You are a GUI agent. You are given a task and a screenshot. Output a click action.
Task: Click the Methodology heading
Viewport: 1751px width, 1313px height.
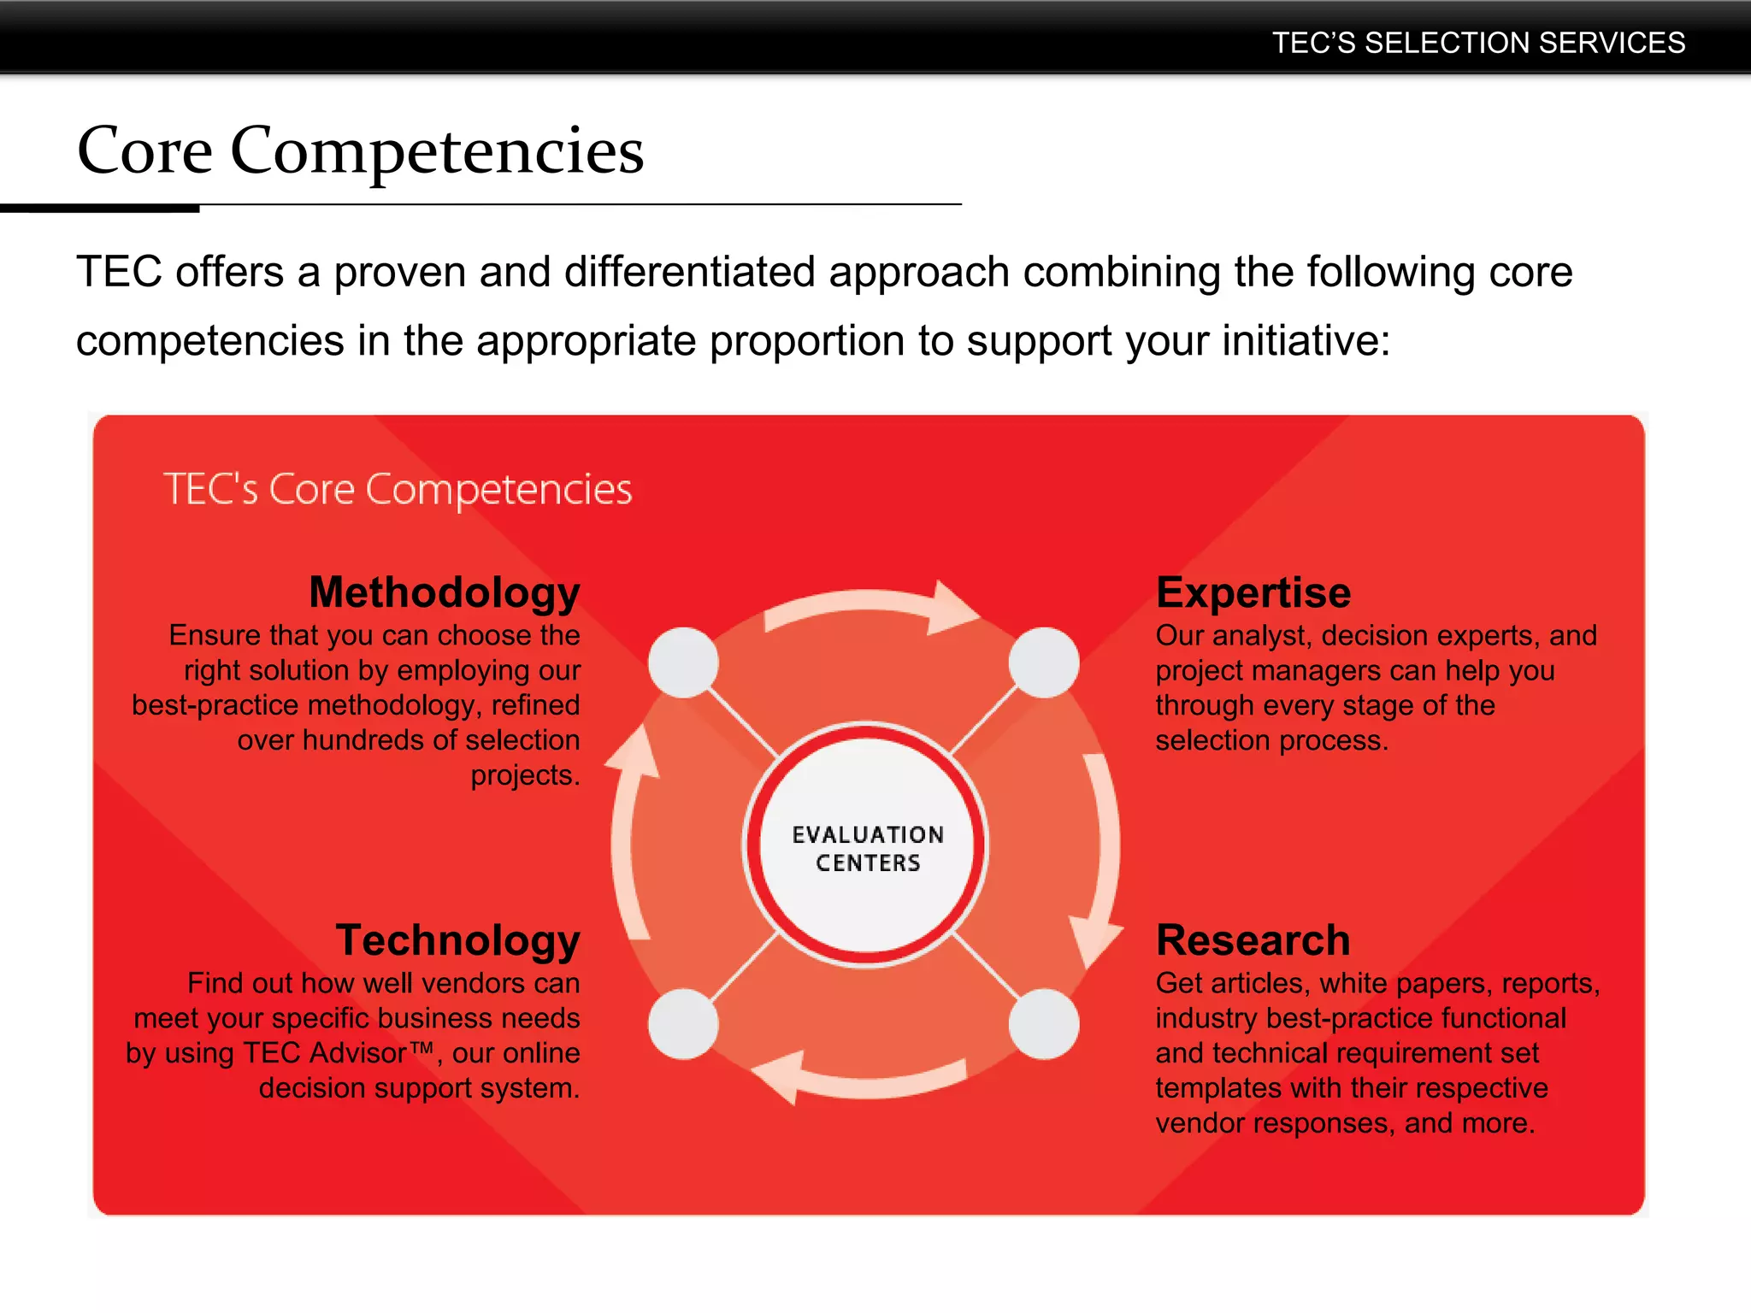tap(445, 592)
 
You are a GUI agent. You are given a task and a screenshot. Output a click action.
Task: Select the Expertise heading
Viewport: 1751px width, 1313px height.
tap(1253, 592)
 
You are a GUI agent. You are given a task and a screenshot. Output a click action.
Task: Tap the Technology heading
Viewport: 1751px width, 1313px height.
tap(457, 940)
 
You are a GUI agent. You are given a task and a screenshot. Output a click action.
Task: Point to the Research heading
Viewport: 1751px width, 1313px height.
tap(1253, 940)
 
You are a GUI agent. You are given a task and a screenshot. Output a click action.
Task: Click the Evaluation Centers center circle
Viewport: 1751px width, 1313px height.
tap(867, 846)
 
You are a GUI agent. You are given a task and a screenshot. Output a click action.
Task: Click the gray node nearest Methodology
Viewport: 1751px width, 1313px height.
tap(683, 662)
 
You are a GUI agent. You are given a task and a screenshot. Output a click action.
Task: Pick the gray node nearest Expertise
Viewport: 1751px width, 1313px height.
tap(1043, 662)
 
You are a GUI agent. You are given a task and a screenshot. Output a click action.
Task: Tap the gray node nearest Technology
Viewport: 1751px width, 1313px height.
tap(683, 1024)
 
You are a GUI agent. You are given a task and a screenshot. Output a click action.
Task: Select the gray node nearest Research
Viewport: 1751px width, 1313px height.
tap(1043, 1024)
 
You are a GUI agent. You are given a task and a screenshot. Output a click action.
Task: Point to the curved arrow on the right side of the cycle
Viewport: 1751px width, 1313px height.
tap(1103, 855)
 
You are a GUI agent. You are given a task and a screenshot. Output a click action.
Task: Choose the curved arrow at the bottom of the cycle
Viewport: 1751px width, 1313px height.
tap(864, 1081)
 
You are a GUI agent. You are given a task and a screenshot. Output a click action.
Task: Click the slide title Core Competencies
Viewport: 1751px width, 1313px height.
tap(360, 150)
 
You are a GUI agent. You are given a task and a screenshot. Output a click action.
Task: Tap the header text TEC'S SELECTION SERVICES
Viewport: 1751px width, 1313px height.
tap(1478, 43)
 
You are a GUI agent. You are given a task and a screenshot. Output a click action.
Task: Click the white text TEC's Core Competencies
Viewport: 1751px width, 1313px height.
tap(398, 490)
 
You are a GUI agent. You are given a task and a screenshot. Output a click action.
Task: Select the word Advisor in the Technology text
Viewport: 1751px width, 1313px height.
tap(357, 1053)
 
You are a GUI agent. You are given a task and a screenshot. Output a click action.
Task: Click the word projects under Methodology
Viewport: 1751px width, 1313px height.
tap(524, 775)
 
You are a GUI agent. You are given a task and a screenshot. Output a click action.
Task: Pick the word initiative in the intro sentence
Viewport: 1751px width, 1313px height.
tap(1306, 341)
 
